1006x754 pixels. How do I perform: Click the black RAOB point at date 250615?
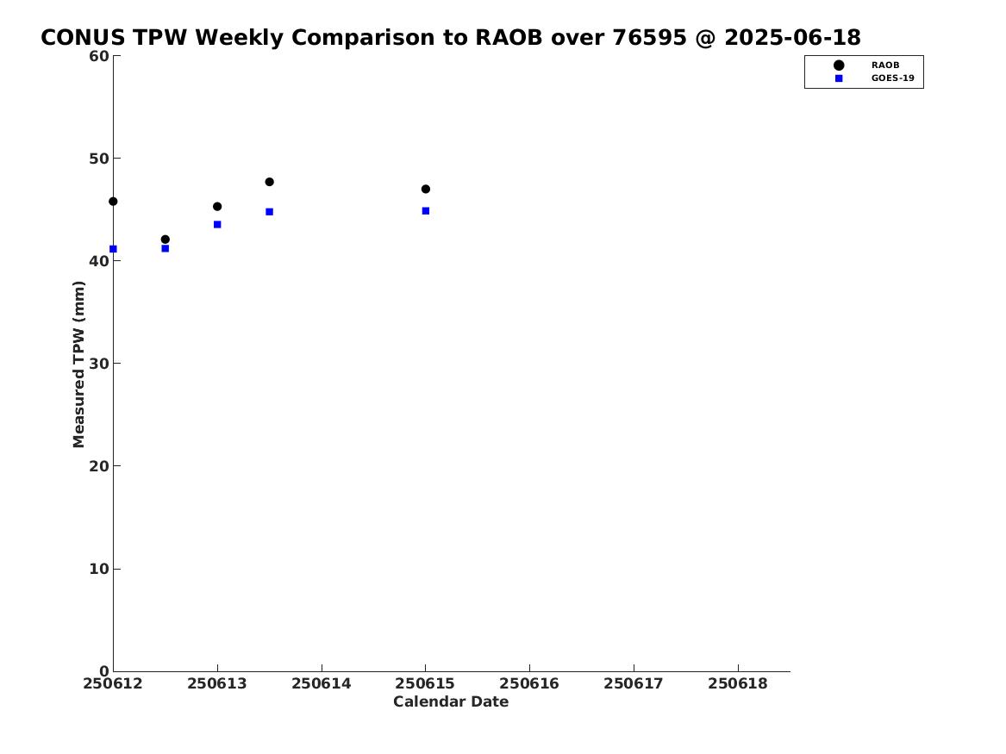(425, 189)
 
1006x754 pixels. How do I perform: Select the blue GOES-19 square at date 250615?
(425, 211)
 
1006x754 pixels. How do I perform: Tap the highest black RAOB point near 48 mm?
(270, 182)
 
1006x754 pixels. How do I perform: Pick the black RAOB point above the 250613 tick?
(217, 207)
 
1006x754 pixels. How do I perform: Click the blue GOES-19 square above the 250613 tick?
(217, 224)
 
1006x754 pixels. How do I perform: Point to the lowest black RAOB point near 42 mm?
(166, 240)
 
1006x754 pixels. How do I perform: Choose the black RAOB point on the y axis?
(113, 202)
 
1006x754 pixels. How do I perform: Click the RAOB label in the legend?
(885, 65)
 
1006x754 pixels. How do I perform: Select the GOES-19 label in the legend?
(892, 78)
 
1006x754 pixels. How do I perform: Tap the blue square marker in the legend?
(839, 78)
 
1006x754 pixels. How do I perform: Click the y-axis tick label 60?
(99, 56)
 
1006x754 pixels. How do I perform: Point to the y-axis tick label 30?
(99, 364)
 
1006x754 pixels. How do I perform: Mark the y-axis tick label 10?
(99, 569)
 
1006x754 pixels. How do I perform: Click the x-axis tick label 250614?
(322, 684)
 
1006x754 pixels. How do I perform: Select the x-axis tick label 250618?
(738, 684)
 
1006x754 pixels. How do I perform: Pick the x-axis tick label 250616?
(529, 684)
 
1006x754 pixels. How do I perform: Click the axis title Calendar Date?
(451, 702)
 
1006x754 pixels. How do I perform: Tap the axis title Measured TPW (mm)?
(78, 365)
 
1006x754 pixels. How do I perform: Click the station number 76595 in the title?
(649, 38)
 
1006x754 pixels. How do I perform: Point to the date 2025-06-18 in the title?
(792, 38)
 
